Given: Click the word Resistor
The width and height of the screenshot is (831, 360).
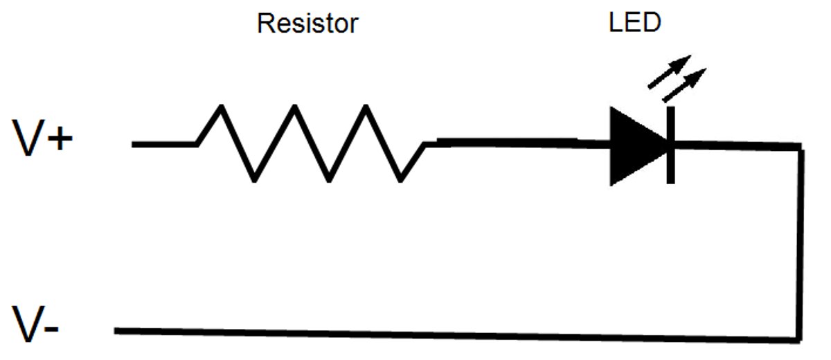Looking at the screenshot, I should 307,24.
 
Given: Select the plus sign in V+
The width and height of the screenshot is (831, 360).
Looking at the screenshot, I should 60,140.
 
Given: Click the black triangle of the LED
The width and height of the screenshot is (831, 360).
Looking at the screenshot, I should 634,145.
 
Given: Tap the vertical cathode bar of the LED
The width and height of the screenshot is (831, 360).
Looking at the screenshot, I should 670,145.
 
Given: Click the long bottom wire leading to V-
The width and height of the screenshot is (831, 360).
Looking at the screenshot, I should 450,334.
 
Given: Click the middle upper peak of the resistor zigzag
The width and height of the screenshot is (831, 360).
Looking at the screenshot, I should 294,107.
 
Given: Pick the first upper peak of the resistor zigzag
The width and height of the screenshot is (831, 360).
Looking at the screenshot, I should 221,107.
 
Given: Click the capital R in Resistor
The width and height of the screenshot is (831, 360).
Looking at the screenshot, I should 265,24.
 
